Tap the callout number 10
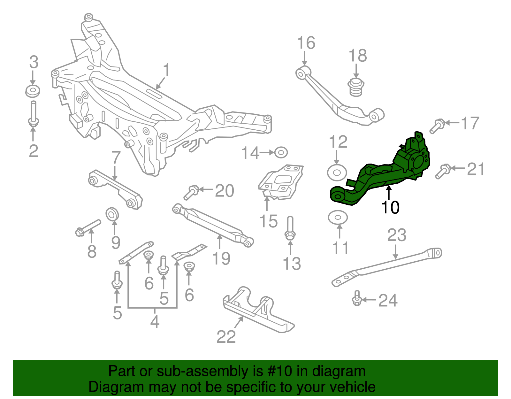390,208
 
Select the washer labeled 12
337,173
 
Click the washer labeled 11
338,218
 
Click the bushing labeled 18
356,87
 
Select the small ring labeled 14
281,152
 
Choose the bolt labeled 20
191,193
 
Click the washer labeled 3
33,91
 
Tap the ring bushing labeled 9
112,214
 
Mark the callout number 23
397,235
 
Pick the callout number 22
226,336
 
